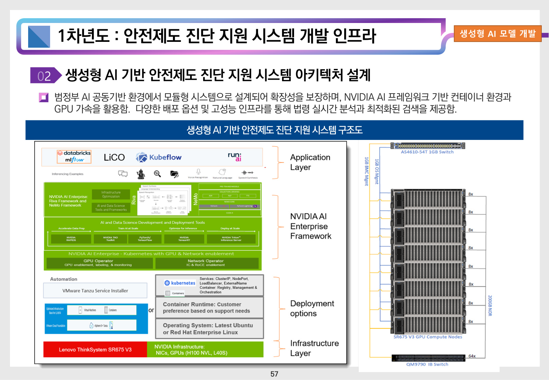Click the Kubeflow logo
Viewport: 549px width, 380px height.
[159, 157]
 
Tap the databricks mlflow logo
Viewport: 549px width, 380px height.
[74, 156]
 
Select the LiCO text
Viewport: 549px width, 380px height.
[114, 157]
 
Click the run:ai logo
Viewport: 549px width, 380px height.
[235, 157]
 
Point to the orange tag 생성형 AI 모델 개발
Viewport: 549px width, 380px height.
[497, 34]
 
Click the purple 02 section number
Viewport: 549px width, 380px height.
[44, 76]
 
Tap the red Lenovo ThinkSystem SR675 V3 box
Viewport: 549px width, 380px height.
[95, 349]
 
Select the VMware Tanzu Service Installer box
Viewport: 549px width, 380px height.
[95, 290]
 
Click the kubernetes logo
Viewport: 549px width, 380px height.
[180, 283]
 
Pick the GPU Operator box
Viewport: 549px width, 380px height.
[99, 263]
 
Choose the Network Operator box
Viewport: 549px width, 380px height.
[206, 263]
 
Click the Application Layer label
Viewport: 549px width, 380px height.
[310, 162]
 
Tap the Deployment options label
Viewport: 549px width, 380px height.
[312, 308]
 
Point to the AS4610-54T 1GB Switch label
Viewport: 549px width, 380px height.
[427, 152]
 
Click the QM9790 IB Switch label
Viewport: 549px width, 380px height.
[427, 364]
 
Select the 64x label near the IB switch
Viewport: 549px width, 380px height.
[472, 356]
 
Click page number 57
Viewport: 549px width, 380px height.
[274, 374]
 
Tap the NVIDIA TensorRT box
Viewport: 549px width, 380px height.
[184, 239]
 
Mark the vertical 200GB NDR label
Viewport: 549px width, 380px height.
[490, 305]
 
